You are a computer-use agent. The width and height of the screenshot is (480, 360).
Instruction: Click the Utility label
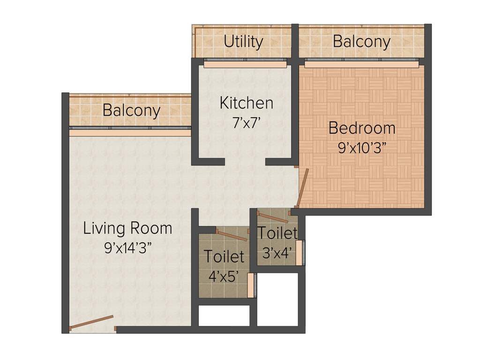coord(243,42)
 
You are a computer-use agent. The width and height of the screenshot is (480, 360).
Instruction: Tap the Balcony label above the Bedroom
coord(361,42)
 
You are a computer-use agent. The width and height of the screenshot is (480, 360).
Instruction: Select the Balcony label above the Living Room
coord(131,111)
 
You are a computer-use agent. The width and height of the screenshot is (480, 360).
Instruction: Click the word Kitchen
coord(246,103)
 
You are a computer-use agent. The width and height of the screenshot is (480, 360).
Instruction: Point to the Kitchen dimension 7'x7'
coord(246,123)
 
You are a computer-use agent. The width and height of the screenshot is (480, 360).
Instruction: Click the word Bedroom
coord(361,127)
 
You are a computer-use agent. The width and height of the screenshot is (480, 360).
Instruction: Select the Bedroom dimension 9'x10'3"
coord(361,148)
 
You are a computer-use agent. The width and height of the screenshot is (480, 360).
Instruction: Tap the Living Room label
coord(127,229)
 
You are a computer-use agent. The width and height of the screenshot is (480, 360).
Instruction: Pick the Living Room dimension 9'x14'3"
coord(127,248)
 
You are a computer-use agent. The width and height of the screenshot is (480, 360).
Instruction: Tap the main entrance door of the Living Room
coord(92,323)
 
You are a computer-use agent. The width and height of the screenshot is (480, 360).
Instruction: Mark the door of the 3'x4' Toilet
coord(273,217)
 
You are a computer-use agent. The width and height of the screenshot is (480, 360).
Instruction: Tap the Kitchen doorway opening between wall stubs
coord(245,162)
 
